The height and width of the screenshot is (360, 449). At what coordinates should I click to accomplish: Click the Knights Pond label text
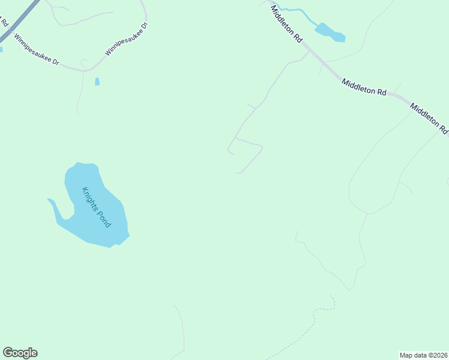tap(97, 207)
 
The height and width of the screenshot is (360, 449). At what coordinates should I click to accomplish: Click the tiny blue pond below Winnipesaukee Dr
tap(97, 82)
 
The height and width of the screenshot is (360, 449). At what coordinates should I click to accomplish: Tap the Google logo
tap(20, 353)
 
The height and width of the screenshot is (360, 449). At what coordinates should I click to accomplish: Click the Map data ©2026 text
tap(423, 355)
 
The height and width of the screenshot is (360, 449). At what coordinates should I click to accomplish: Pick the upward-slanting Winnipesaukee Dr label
tap(126, 40)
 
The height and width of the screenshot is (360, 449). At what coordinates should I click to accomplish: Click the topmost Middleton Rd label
tap(286, 23)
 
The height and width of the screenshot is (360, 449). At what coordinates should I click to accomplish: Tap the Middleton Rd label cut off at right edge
tap(429, 119)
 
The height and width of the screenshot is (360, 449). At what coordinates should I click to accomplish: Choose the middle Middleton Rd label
tap(364, 88)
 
